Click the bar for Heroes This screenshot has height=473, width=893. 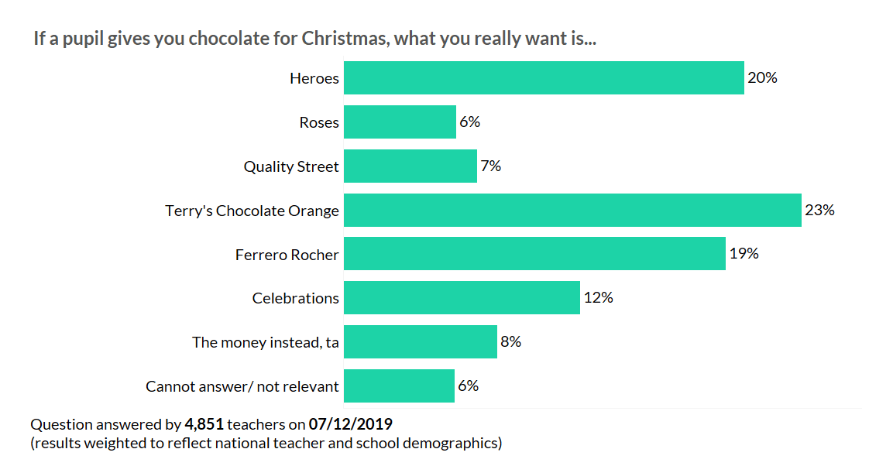tap(544, 78)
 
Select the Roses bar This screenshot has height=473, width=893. tap(400, 122)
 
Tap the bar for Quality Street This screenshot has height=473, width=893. tap(410, 166)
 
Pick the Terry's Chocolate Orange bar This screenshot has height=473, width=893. tap(572, 211)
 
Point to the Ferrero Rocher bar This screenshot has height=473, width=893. tap(534, 254)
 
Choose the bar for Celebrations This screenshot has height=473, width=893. tap(462, 298)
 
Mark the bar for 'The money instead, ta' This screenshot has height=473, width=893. tap(420, 342)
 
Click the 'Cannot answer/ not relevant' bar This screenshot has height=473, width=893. tap(399, 386)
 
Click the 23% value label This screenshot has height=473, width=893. tap(819, 210)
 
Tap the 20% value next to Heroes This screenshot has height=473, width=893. tap(762, 78)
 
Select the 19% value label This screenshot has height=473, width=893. tap(744, 254)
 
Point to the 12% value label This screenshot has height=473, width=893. tap(598, 298)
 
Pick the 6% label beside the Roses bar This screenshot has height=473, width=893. tap(469, 122)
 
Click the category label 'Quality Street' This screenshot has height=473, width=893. tap(290, 166)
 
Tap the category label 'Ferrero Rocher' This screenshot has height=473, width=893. tap(287, 255)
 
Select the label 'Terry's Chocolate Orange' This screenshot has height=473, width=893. tap(252, 211)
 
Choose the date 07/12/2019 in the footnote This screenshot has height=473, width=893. tap(350, 424)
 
